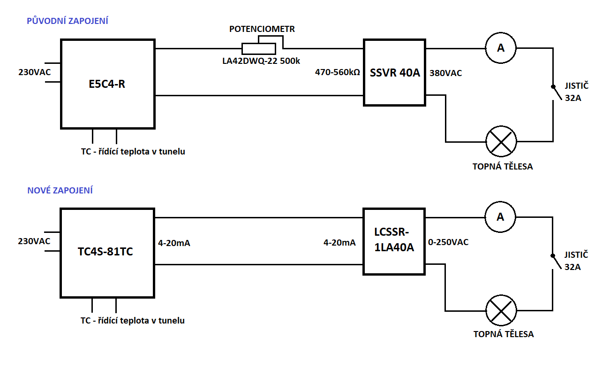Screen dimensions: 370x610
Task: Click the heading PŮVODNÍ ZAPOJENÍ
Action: [68, 21]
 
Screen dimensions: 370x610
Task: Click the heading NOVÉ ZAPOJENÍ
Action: [60, 190]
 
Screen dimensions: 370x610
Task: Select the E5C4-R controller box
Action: [107, 84]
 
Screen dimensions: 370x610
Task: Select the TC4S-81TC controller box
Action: [107, 253]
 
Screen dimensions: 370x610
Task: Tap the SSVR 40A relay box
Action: [394, 72]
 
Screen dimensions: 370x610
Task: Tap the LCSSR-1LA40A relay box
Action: [394, 241]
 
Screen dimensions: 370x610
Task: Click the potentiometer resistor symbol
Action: [258, 48]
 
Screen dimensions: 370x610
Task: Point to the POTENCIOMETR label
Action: [262, 29]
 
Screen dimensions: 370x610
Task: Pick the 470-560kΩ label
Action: [337, 73]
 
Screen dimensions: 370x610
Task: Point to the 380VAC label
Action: [445, 73]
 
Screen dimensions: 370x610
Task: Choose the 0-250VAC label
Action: [449, 242]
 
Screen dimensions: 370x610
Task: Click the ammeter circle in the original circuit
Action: [500, 48]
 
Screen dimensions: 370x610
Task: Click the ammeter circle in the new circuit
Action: [500, 217]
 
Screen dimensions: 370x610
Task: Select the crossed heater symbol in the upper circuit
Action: [500, 141]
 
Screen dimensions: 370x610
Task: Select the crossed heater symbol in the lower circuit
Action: [500, 311]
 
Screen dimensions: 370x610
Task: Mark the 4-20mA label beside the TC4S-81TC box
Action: [174, 243]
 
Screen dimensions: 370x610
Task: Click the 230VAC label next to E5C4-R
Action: [34, 73]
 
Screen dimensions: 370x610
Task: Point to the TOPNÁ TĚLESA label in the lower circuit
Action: [504, 334]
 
